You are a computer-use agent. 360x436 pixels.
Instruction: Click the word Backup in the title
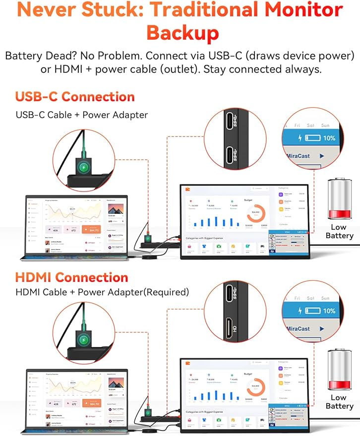pos(182,33)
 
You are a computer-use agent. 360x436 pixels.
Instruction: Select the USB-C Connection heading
pos(75,97)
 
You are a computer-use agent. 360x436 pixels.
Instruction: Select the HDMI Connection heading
pos(71,277)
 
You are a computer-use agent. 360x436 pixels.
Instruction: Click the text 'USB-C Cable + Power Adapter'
pos(82,115)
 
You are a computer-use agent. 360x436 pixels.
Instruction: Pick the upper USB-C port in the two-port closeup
pos(231,122)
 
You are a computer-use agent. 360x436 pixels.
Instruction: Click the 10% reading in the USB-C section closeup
pos(329,138)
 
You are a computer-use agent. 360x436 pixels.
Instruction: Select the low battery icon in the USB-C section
pos(339,199)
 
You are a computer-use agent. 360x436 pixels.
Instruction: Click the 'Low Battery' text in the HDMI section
pos(339,402)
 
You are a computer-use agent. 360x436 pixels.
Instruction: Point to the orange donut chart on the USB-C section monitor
pos(256,213)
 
